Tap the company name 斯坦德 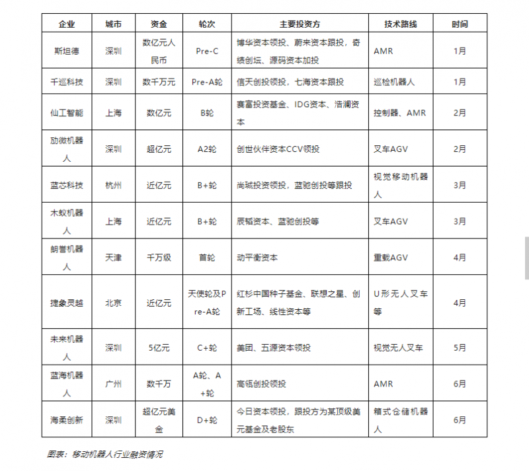click(x=67, y=50)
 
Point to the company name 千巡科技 click(x=67, y=82)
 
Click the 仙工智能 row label click(x=67, y=113)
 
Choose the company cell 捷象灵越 click(x=67, y=303)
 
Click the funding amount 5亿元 click(x=159, y=347)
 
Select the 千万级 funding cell click(x=159, y=258)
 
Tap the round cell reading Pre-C click(x=207, y=50)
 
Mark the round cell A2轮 click(x=207, y=149)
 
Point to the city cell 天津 click(x=113, y=258)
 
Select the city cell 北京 click(x=113, y=303)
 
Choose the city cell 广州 click(x=113, y=384)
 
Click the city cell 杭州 click(x=113, y=186)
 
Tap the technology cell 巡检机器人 click(x=394, y=82)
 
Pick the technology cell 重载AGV click(x=391, y=258)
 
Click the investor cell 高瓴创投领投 click(x=261, y=384)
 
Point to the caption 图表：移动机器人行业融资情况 click(x=105, y=454)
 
